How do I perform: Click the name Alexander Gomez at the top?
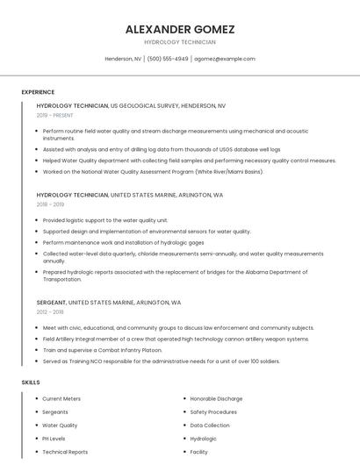pos(180,29)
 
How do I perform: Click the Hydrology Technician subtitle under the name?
pos(180,42)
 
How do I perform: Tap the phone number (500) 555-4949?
pos(168,59)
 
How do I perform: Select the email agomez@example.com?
pos(225,59)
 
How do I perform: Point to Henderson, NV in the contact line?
pos(123,59)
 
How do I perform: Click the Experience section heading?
pos(38,92)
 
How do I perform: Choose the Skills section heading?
pos(30,383)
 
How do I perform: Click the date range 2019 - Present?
pos(55,115)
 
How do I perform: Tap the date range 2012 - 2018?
pos(50,311)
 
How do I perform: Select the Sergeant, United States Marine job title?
pos(109,302)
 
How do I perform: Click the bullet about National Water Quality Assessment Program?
pos(153,171)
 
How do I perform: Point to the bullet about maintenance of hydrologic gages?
pos(123,242)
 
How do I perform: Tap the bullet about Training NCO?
pos(162,361)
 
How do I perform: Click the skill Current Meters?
pos(61,398)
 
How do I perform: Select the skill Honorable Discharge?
pos(216,398)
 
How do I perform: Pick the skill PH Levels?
pos(54,439)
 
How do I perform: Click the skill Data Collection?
pos(210,426)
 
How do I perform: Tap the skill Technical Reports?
pos(65,452)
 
